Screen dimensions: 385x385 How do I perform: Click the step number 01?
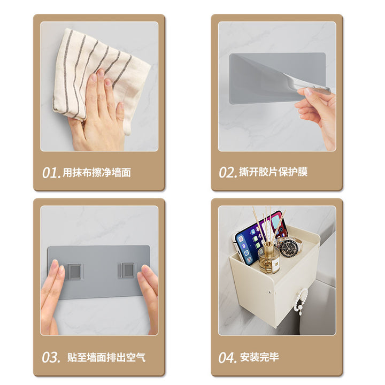point(51,173)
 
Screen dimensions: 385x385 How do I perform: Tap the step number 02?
point(228,172)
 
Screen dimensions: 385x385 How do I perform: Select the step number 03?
point(51,357)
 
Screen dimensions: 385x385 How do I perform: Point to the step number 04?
point(228,358)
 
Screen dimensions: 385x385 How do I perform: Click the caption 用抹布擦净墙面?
point(97,173)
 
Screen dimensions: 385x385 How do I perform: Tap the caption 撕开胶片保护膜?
point(273,172)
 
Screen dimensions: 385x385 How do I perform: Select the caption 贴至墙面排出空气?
point(106,357)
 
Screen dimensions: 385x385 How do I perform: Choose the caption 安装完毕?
point(259,357)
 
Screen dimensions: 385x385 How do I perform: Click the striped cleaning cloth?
point(101,76)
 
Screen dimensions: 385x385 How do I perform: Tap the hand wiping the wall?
point(98,115)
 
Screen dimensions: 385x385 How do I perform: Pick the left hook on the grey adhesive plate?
point(74,271)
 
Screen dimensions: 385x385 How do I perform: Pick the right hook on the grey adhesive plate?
point(127,271)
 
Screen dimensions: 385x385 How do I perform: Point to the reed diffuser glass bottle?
point(269,260)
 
